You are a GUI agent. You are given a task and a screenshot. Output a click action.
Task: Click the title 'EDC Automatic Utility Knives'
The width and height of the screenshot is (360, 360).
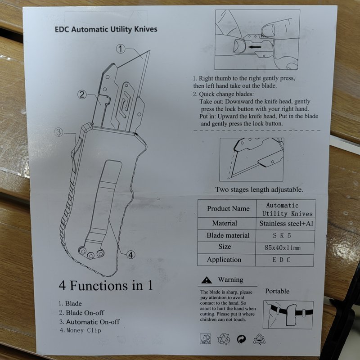106,29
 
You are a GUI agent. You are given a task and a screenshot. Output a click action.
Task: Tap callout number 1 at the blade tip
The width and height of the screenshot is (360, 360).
121,49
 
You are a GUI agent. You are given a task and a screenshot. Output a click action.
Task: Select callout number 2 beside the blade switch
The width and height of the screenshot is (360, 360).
82,94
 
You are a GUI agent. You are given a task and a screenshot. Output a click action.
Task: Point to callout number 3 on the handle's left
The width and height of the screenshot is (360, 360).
59,132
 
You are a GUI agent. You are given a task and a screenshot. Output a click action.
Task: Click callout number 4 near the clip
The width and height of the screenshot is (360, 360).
130,254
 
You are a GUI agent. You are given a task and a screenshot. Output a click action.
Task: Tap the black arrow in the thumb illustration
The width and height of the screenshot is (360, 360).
255,47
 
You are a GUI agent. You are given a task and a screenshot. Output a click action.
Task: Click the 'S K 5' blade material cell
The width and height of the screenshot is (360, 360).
282,235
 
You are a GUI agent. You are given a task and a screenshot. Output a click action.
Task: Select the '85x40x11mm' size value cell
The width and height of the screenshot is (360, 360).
283,248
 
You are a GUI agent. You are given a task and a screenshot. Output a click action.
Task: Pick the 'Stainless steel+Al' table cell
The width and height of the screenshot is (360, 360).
286,223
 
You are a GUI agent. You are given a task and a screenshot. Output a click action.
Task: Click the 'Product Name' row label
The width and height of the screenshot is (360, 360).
228,208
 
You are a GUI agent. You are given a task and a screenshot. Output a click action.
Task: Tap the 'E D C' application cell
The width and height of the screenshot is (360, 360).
282,260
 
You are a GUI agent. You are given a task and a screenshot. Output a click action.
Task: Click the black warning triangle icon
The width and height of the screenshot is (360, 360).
207,280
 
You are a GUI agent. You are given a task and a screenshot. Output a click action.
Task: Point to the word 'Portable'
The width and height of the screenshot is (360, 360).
277,291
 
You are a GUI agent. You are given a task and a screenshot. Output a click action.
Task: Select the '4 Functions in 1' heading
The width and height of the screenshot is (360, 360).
106,285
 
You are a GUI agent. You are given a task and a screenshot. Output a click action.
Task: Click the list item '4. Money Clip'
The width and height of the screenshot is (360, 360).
81,330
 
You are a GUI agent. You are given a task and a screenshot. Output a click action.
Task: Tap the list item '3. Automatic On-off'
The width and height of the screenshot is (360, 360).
89,322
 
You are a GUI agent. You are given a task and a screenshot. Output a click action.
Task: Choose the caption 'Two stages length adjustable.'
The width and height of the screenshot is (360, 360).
259,189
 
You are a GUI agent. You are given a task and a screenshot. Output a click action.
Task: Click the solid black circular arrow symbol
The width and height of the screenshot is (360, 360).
241,339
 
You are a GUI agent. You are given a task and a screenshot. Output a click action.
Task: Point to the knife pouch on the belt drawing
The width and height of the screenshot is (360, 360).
291,315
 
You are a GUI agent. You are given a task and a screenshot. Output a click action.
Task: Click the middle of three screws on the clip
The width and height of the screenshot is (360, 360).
91,255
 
